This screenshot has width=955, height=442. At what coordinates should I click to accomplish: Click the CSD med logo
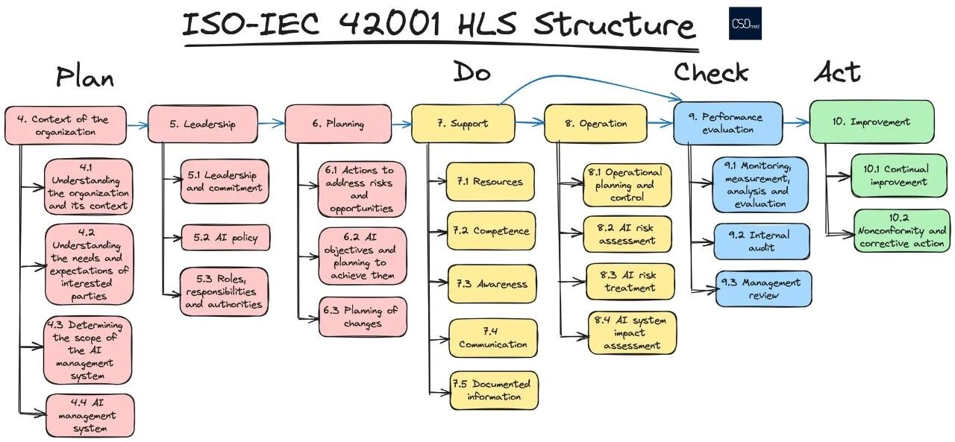click(745, 24)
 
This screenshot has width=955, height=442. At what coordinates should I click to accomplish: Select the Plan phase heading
click(85, 77)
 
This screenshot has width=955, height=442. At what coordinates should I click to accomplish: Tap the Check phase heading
click(710, 72)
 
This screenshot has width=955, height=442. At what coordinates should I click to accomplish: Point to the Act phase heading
click(836, 72)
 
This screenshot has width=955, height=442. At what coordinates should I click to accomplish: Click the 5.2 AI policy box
click(225, 238)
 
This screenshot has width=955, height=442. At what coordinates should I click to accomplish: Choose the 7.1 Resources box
click(490, 182)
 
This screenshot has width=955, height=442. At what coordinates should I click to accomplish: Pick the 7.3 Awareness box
click(492, 284)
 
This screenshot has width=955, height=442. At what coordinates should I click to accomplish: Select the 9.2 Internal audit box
click(761, 241)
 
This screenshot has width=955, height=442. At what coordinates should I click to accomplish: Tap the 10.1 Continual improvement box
click(900, 176)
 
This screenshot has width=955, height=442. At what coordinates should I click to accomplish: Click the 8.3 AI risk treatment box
click(630, 282)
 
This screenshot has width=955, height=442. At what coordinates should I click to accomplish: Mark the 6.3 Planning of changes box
click(363, 317)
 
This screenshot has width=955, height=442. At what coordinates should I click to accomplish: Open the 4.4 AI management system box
click(90, 416)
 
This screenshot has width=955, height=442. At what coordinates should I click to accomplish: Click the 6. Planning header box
click(338, 124)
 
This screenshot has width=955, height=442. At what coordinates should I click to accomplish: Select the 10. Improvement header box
click(871, 122)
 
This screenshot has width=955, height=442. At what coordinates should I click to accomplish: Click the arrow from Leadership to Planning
click(271, 124)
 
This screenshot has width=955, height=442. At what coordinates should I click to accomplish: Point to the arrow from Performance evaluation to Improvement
click(796, 122)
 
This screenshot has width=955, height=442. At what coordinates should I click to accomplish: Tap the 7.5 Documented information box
click(493, 391)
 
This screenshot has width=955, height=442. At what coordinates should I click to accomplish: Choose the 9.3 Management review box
click(763, 288)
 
